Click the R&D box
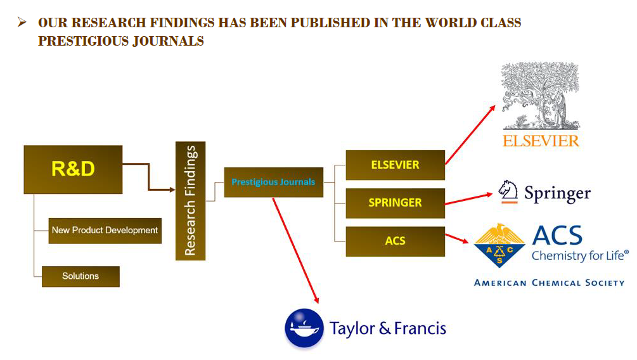pyautogui.click(x=73, y=169)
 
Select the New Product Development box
pyautogui.click(x=105, y=230)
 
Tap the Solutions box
pyautogui.click(x=80, y=276)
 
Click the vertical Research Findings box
pyautogui.click(x=190, y=200)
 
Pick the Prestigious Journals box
pyautogui.click(x=273, y=182)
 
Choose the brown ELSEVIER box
pyautogui.click(x=395, y=165)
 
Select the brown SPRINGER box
pyautogui.click(x=395, y=203)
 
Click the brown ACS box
pyautogui.click(x=395, y=241)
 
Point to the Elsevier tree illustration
pyautogui.click(x=541, y=95)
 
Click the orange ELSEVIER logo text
pyautogui.click(x=541, y=141)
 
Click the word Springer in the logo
pyautogui.click(x=558, y=193)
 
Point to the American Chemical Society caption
pyautogui.click(x=549, y=283)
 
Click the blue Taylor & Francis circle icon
pyautogui.click(x=304, y=328)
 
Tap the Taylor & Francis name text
pyautogui.click(x=387, y=329)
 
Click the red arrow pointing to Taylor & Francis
pyautogui.click(x=295, y=249)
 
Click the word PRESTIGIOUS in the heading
pyautogui.click(x=80, y=41)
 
